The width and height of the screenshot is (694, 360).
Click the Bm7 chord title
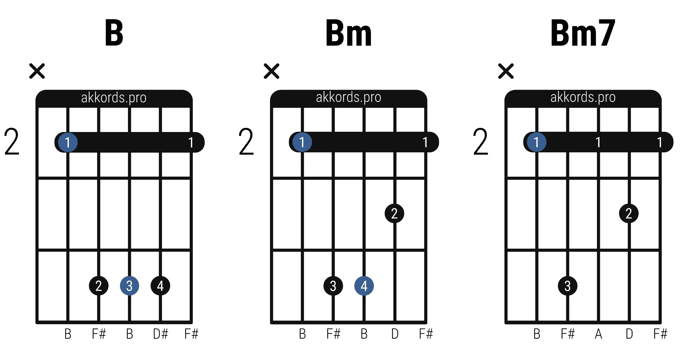(583, 33)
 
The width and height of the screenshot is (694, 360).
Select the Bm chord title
(348, 33)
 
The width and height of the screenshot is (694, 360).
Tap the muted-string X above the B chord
(37, 71)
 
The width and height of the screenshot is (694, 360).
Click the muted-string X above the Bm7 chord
(506, 71)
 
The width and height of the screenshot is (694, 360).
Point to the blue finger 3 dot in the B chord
(130, 286)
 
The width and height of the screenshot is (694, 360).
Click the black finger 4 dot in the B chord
(160, 286)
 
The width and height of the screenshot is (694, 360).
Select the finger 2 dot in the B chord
(99, 286)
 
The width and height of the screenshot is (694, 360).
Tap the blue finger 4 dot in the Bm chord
(364, 286)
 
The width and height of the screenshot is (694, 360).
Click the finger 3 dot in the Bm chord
(333, 286)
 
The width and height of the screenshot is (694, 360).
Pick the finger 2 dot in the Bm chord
(394, 213)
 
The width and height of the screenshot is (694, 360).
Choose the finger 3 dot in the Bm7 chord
(568, 286)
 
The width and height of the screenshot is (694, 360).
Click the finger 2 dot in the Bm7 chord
(629, 213)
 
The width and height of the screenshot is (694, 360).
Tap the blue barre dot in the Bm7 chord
(536, 142)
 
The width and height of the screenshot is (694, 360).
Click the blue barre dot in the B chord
(68, 142)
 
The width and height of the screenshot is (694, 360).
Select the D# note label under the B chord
(160, 334)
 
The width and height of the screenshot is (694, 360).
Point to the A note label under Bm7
(599, 334)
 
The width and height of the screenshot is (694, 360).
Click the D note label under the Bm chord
(395, 334)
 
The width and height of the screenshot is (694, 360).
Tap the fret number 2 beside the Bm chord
(246, 142)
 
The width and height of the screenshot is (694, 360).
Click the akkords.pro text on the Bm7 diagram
(583, 97)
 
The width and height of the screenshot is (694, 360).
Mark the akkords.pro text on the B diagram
(114, 98)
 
